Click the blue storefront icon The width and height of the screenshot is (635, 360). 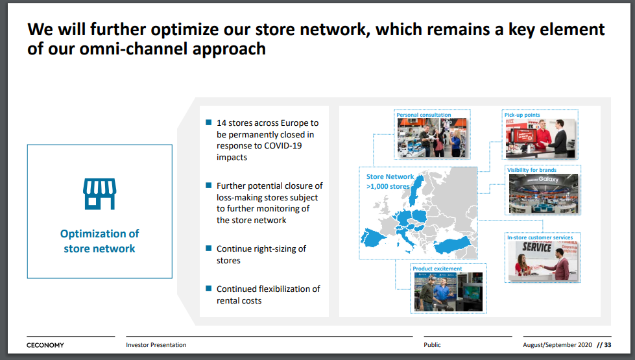pos(100,194)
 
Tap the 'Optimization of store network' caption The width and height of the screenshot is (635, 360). pos(100,241)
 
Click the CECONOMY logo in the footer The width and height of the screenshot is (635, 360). pos(45,345)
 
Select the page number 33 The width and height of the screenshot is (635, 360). pos(608,345)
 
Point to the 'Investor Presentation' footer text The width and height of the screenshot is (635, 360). pos(156,345)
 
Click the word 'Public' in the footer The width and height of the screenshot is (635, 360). pos(432,345)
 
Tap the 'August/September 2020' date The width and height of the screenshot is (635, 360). pos(557,345)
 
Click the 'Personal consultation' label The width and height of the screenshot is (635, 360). pos(424,115)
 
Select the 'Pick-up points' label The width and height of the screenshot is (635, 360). pos(522,115)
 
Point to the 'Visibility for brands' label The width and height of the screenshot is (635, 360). pos(532,170)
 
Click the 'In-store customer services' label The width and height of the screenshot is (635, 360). pos(540,237)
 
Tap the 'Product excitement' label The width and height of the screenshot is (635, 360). pos(437,269)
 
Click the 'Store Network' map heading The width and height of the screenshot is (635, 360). pos(390,176)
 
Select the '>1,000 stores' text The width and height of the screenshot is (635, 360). pos(388,186)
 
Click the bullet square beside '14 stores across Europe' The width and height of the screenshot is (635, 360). pos(209,123)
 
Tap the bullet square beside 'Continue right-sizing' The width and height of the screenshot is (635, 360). pos(209,248)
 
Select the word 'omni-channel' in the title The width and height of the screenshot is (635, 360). pos(133,49)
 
